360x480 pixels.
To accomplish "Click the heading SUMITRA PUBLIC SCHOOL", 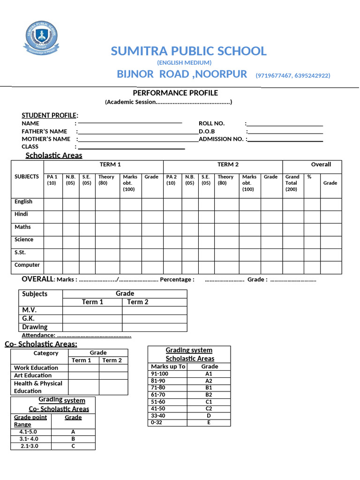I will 188,51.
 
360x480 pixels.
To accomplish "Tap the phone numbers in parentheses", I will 292,75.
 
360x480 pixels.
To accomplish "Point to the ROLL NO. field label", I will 212,123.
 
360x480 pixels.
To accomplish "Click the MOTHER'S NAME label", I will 46,139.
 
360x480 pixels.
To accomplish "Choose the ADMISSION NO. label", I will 221,139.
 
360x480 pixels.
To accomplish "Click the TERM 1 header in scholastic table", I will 111,165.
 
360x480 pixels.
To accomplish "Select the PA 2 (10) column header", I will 171,180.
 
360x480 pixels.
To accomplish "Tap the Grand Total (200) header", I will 292,183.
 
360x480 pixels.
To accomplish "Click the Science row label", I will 24,240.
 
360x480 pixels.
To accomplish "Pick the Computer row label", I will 27,265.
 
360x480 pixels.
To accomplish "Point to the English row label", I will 23,202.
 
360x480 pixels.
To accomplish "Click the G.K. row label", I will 29,318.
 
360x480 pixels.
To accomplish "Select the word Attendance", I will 38,335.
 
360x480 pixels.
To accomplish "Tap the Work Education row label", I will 36,368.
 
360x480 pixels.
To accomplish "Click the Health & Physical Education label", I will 38,387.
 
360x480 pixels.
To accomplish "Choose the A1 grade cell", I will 209,374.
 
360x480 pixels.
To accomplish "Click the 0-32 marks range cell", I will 157,422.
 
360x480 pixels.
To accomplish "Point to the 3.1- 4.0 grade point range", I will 29,439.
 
